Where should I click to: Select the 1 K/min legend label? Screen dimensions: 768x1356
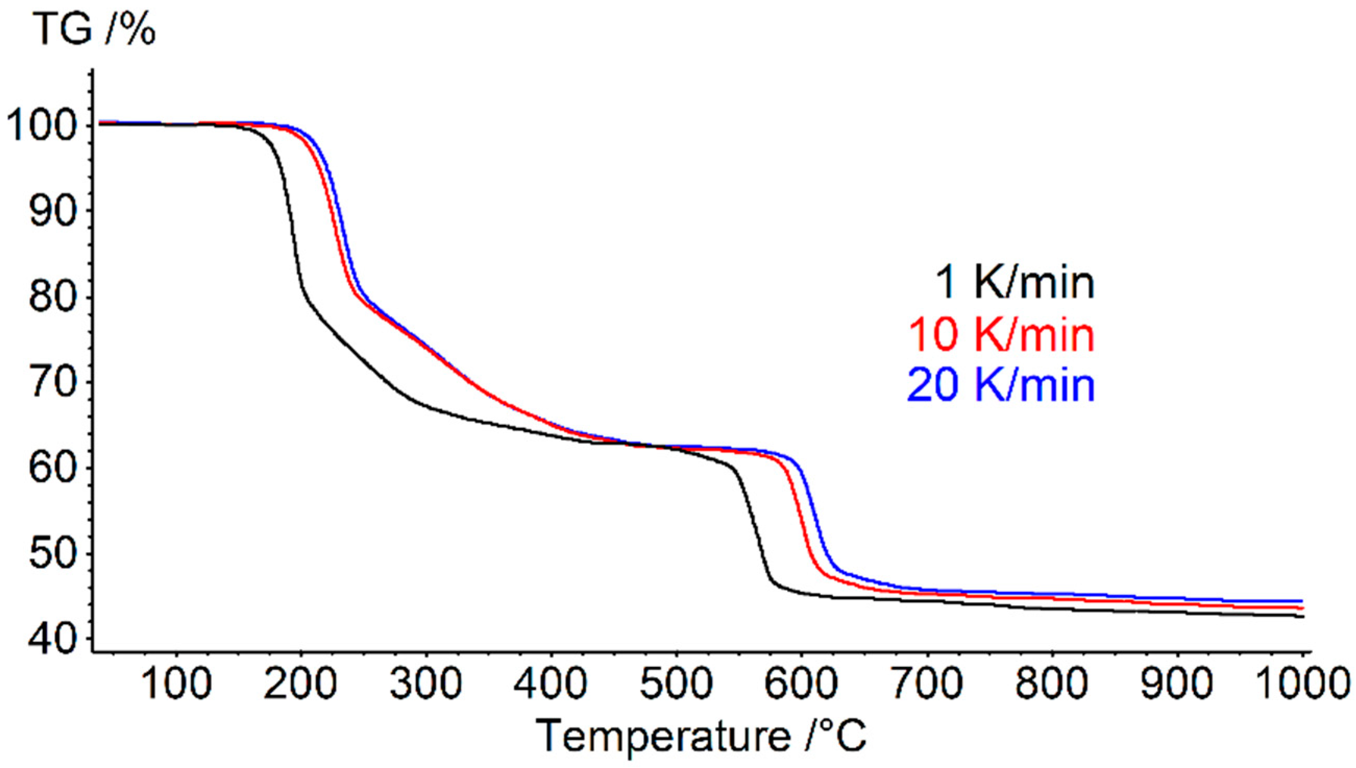click(1013, 283)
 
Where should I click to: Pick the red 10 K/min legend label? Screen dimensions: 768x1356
click(1001, 335)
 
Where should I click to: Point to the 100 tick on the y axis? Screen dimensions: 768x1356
click(43, 127)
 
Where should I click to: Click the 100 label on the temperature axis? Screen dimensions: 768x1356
click(176, 684)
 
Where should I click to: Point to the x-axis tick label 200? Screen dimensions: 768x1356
click(301, 684)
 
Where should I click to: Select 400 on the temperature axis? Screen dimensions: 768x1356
click(551, 684)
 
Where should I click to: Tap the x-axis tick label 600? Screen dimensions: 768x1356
click(802, 684)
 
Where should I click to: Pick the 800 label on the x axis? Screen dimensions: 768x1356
click(1052, 684)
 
